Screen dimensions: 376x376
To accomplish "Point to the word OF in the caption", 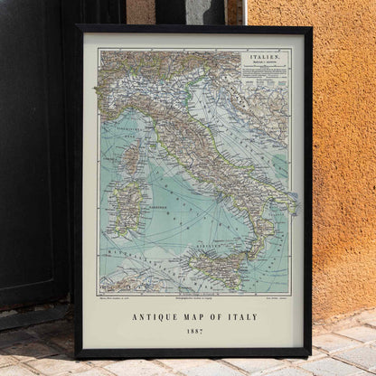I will (x=221, y=317).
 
